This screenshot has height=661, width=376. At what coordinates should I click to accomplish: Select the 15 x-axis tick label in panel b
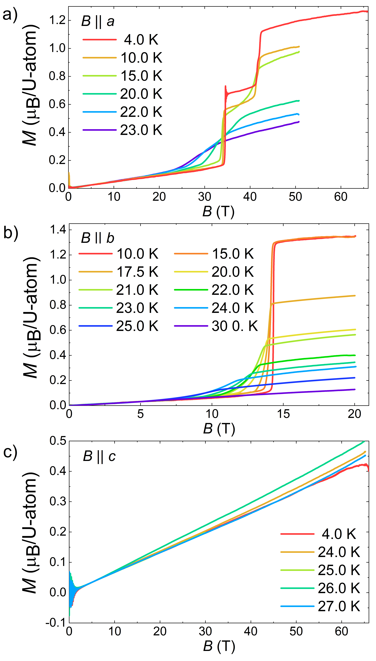[x=283, y=414]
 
